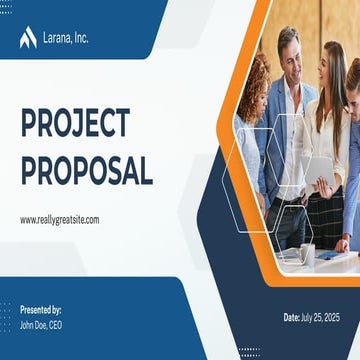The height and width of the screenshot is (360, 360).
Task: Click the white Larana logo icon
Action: click(28, 37)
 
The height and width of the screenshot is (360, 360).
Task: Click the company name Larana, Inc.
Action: click(66, 38)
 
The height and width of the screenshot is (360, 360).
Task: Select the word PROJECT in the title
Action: click(76, 122)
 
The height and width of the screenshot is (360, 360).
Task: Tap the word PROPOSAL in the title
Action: click(87, 170)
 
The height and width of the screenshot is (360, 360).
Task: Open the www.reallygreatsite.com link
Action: click(60, 220)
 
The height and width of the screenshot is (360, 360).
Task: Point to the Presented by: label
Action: click(41, 310)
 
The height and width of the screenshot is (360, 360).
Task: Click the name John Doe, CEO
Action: click(41, 325)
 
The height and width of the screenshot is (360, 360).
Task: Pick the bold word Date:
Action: click(292, 317)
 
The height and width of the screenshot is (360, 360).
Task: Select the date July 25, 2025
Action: click(320, 317)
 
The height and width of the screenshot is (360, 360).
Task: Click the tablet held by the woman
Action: click(319, 171)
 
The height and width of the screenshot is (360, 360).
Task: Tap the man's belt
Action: click(287, 201)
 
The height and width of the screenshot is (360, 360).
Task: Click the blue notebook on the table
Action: click(328, 255)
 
